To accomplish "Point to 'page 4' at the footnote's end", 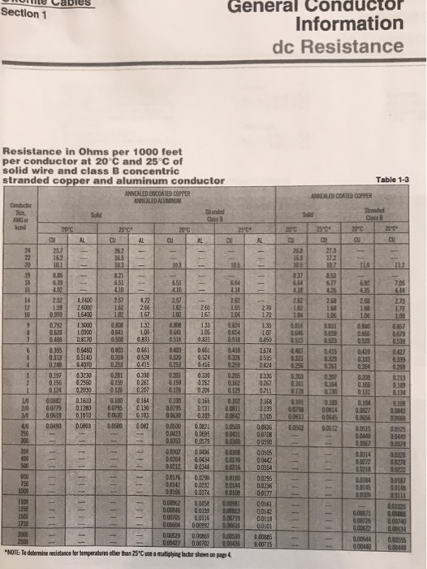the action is click(x=218, y=553).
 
